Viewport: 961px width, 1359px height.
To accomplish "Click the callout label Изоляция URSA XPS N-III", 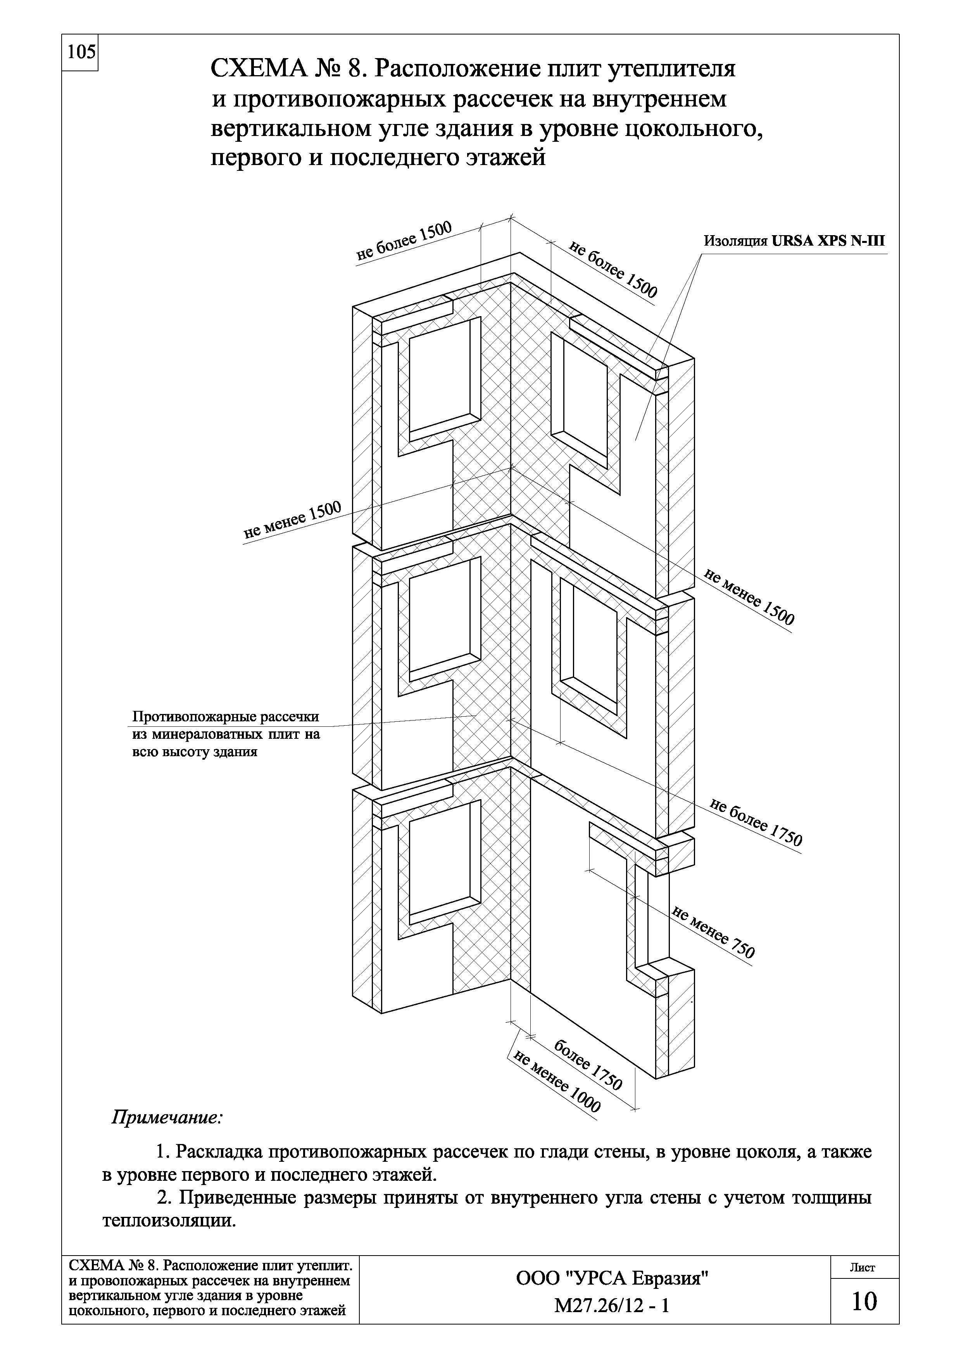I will pos(794,241).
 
